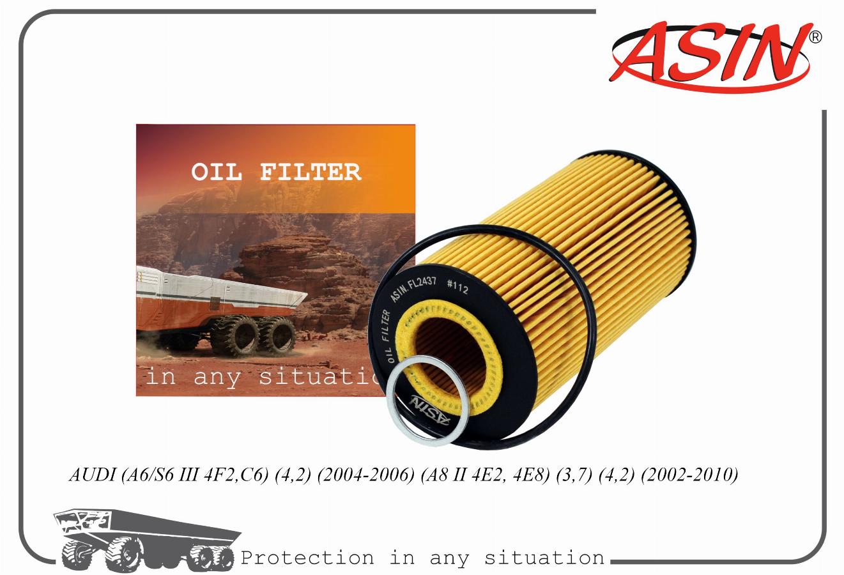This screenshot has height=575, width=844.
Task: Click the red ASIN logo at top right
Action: [x=710, y=56]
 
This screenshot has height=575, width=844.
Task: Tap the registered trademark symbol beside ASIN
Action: [x=815, y=37]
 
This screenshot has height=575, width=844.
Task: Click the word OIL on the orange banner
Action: [x=217, y=172]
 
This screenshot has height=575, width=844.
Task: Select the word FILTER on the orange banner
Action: [x=311, y=172]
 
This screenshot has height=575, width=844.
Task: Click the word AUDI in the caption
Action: [x=93, y=475]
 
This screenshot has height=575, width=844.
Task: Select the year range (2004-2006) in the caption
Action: [x=365, y=475]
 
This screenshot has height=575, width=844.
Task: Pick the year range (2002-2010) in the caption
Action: [x=689, y=475]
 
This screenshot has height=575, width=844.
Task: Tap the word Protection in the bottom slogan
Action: [x=307, y=558]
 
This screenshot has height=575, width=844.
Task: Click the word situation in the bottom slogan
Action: [x=544, y=557]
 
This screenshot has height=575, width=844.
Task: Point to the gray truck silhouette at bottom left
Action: [x=147, y=539]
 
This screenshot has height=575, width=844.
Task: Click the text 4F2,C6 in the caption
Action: [x=236, y=475]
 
